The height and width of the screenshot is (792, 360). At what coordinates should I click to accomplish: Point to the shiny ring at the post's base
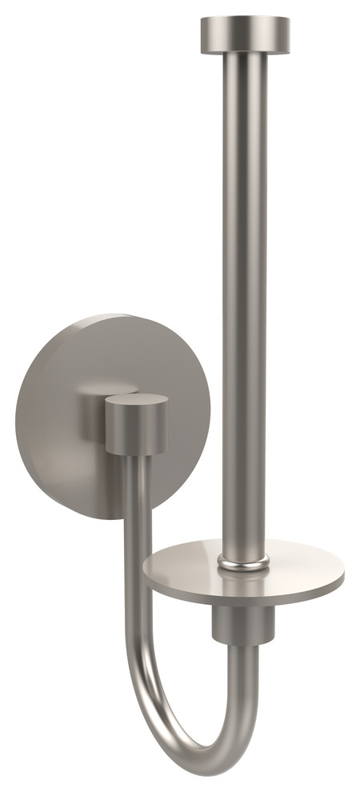click(244, 566)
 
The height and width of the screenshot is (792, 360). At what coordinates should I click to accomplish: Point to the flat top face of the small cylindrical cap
click(137, 400)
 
